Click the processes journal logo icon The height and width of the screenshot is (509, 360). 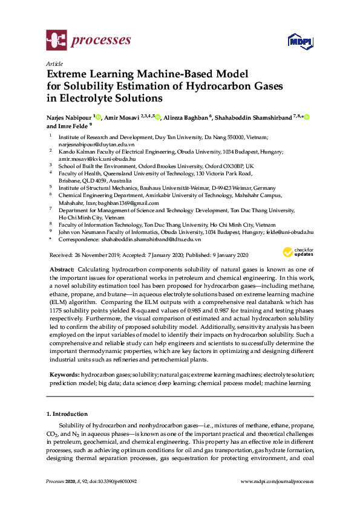pos(56,41)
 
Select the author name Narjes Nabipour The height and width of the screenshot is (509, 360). pos(71,117)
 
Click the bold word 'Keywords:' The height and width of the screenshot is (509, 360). pos(63,375)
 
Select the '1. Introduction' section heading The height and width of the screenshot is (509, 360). pos(67,415)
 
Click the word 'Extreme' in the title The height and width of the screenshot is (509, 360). pos(72,74)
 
